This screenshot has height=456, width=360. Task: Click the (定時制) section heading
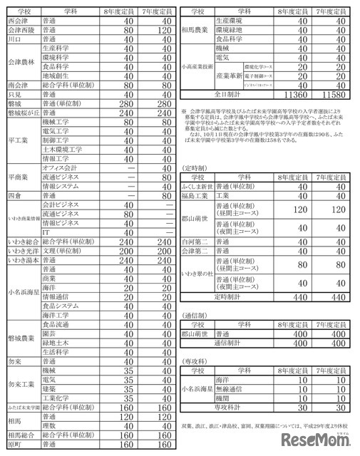point(197,167)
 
